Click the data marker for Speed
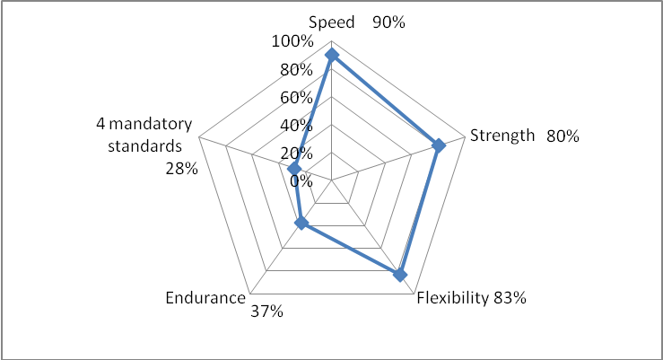point(332,56)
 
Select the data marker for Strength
point(439,145)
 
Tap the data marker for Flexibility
point(400,275)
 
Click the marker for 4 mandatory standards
point(294,169)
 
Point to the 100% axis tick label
point(294,41)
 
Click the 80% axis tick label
point(298,69)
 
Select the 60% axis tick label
point(298,97)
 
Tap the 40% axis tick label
point(298,125)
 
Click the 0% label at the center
point(301,180)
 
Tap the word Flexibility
point(453,298)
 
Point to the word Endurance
point(205,298)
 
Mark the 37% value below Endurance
point(266,312)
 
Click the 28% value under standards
point(181,167)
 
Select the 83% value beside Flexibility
point(510,298)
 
